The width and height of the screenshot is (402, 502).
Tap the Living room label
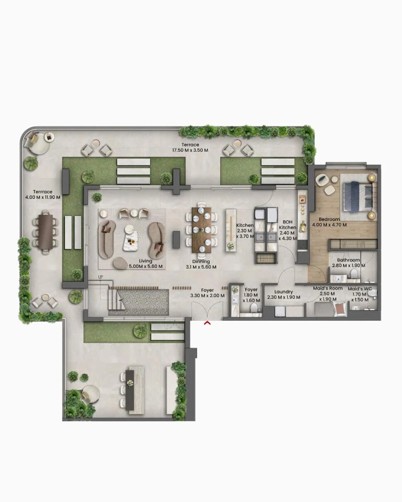pos(145,264)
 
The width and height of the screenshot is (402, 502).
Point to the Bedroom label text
pos(329,219)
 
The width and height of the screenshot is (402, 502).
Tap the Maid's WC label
pos(360,292)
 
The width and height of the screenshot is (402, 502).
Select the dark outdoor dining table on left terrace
pos(46,232)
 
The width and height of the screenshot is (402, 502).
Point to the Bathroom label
pos(348,263)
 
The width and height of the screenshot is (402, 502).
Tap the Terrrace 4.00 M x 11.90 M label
pos(42,195)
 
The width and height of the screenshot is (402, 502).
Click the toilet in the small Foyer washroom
pos(254,309)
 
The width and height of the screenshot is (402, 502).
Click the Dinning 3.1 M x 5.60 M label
pos(201,264)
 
